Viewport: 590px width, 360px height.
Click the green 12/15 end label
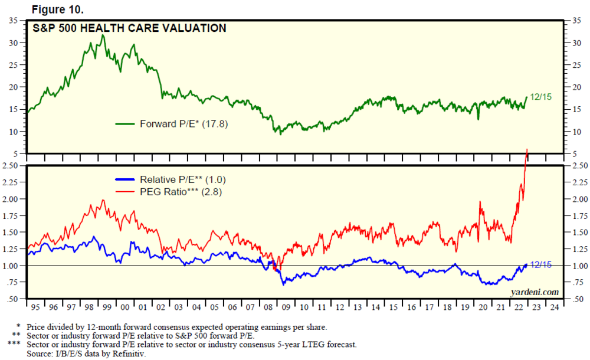tap(540, 97)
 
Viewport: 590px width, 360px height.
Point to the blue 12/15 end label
tap(540, 265)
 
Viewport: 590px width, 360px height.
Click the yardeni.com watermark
tap(536, 292)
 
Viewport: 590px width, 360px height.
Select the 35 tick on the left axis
tap(12, 21)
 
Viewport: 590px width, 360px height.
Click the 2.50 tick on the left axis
tap(10, 166)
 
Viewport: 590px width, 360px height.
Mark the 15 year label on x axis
tap(394, 307)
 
